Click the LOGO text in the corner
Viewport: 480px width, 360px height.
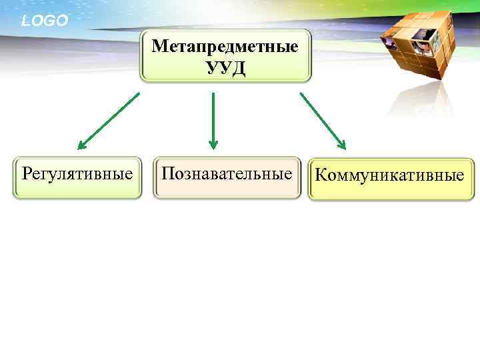click(x=45, y=21)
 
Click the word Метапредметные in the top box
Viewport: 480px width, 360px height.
click(x=225, y=47)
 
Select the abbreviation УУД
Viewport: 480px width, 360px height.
click(x=226, y=68)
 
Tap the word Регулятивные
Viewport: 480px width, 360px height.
click(x=77, y=175)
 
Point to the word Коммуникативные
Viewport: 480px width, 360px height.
click(x=389, y=176)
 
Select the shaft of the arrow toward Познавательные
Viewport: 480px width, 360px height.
click(x=213, y=117)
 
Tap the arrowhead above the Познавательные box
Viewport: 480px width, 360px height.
click(x=213, y=143)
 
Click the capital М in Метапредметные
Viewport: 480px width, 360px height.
click(x=159, y=47)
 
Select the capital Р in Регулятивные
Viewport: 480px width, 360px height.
click(x=27, y=175)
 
